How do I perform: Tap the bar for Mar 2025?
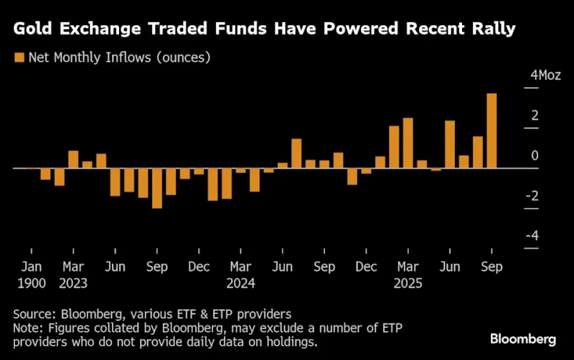[408, 143]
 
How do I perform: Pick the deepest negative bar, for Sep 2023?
[157, 188]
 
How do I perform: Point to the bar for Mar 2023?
[73, 159]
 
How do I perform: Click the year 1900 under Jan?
[31, 283]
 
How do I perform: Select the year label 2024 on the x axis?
[241, 283]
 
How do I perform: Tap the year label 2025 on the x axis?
[408, 283]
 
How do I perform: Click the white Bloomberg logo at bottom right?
[523, 338]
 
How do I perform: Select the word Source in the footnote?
[34, 313]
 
